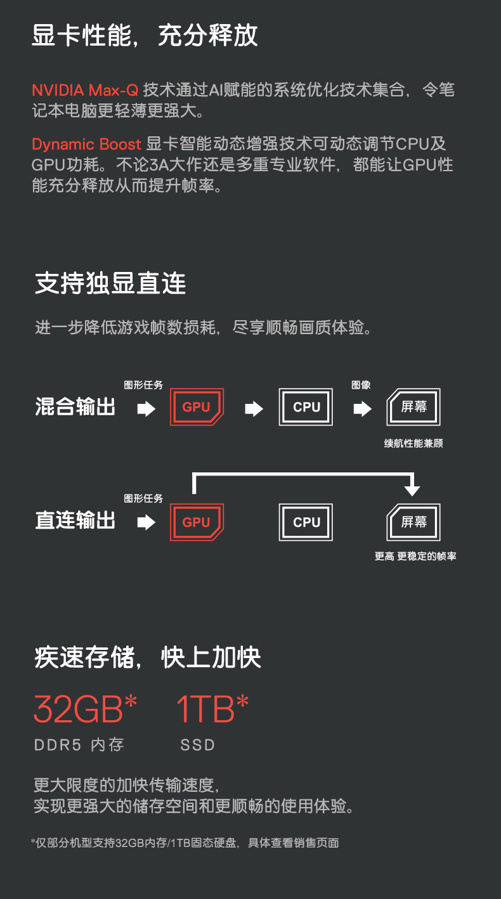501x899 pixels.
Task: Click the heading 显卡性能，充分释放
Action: (145, 36)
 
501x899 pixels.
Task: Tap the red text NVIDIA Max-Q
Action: (86, 89)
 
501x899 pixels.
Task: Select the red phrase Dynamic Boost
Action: (86, 144)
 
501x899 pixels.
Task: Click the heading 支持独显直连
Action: (110, 283)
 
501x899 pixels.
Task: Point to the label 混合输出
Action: (75, 407)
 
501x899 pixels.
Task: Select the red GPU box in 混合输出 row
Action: (197, 407)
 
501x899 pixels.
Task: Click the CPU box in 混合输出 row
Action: (306, 407)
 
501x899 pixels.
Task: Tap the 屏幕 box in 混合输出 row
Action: (413, 407)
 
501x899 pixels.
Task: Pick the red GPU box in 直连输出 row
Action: (197, 522)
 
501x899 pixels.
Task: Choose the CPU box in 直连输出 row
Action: (306, 522)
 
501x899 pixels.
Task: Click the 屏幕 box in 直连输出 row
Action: (413, 522)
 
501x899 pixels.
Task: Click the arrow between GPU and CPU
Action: (254, 409)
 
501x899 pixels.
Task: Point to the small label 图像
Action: (361, 385)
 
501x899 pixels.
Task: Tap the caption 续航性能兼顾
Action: (413, 443)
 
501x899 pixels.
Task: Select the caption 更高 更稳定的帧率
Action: (415, 556)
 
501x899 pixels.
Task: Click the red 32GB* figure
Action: (85, 709)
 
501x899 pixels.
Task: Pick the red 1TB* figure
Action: (212, 709)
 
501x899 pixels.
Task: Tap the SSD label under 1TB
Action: (198, 745)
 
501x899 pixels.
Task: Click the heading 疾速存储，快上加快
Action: (148, 657)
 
